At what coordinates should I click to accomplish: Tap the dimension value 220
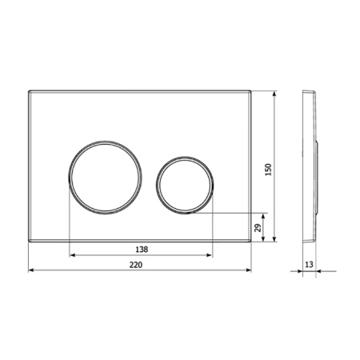coord(142,262)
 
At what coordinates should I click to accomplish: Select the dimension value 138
coord(142,249)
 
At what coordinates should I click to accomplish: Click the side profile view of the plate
coord(311,166)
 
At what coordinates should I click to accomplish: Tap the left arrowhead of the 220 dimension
coord(32,270)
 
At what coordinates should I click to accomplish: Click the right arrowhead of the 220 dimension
coord(252,270)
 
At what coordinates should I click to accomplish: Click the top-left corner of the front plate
coord(30,92)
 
